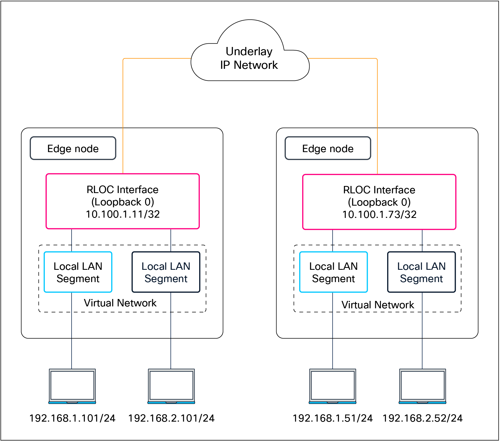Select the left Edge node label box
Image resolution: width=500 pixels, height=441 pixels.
click(73, 149)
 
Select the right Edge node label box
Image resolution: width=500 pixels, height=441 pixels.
click(328, 149)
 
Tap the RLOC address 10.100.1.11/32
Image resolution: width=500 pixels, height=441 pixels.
click(123, 214)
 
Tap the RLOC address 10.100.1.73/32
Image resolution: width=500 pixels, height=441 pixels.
click(379, 215)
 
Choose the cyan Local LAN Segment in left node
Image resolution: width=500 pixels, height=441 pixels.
click(78, 272)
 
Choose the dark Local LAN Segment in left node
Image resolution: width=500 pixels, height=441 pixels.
click(166, 272)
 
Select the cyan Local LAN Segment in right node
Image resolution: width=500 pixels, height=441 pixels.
click(333, 272)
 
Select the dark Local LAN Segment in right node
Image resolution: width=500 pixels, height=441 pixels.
click(421, 272)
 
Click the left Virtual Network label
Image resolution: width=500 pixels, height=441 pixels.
click(120, 303)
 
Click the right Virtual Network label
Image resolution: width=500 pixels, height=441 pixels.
click(378, 305)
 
